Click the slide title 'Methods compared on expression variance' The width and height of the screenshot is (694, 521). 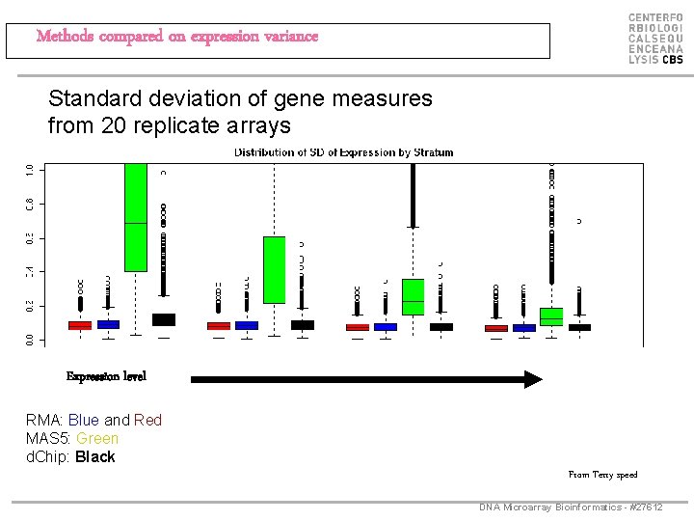click(176, 37)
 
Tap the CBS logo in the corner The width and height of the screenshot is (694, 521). click(655, 39)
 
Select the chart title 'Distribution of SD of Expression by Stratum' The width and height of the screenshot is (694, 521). click(343, 152)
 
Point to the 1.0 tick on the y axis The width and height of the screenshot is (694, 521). click(30, 170)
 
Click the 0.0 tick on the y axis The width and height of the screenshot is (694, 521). click(30, 339)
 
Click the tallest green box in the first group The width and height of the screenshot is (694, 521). click(136, 217)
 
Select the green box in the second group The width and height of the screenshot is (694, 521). click(275, 269)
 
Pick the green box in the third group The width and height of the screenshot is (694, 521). click(413, 296)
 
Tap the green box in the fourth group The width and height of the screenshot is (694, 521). click(551, 316)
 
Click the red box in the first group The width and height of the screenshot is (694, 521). click(80, 325)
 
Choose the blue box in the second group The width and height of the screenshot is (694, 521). click(247, 326)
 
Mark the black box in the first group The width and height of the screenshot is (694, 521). click(164, 319)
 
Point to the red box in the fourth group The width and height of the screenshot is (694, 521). click(496, 328)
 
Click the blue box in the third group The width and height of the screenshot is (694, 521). click(386, 327)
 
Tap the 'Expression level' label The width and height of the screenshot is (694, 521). click(106, 376)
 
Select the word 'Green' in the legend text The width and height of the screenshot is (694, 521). click(97, 439)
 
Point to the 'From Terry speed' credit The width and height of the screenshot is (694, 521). click(602, 475)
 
